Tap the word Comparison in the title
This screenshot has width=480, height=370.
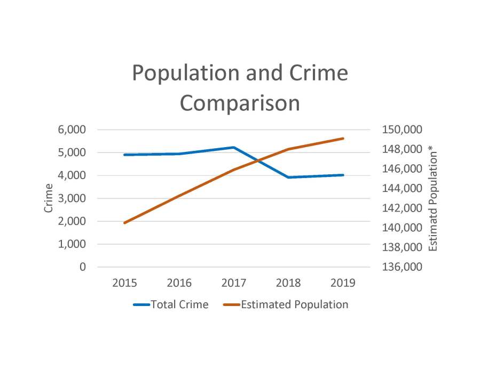240,103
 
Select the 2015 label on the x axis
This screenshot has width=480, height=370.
124,283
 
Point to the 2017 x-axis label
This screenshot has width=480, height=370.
233,283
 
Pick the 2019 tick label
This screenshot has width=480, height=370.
343,283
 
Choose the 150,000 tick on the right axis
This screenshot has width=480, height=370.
400,130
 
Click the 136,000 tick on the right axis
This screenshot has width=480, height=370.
400,267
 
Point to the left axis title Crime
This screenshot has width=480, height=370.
49,198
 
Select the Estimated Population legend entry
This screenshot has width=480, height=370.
294,305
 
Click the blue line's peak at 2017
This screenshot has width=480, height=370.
233,147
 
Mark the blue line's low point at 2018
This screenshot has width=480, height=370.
288,177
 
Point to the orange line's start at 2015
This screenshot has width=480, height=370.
124,223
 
